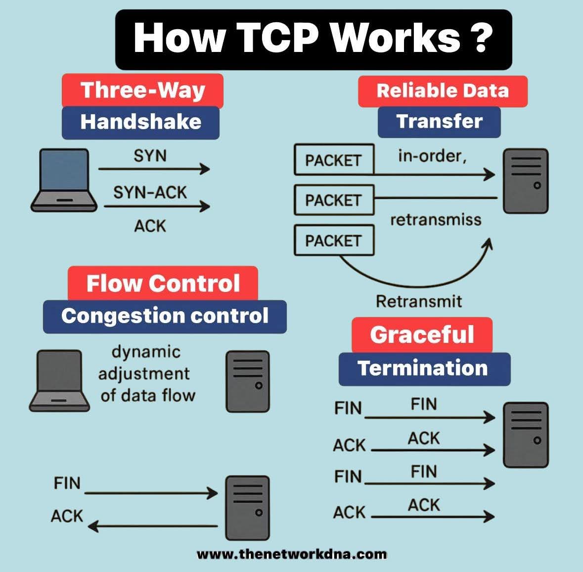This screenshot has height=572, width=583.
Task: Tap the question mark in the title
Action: (x=479, y=38)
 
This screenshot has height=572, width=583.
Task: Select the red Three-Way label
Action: (x=142, y=91)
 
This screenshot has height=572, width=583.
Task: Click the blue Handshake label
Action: (x=140, y=122)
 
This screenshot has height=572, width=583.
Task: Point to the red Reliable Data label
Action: (x=443, y=91)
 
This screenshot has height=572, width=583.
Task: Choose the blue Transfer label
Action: (x=439, y=122)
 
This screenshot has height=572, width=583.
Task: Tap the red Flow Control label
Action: (x=163, y=284)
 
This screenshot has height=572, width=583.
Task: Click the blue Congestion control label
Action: (x=165, y=316)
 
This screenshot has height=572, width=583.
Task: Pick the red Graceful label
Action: (x=422, y=335)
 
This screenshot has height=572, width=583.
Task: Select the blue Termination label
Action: (x=424, y=369)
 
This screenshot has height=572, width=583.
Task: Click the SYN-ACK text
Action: (x=150, y=192)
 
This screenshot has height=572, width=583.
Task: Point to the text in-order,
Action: (x=432, y=156)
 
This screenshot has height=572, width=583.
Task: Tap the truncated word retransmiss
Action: (x=436, y=220)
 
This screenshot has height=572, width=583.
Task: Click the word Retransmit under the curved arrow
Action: (x=419, y=301)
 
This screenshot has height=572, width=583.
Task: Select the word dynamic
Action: (x=146, y=352)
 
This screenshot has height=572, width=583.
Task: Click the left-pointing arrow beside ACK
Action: (x=153, y=526)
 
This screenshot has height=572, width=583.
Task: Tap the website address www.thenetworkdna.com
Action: (x=292, y=554)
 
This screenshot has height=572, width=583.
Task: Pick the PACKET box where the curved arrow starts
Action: (x=334, y=241)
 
